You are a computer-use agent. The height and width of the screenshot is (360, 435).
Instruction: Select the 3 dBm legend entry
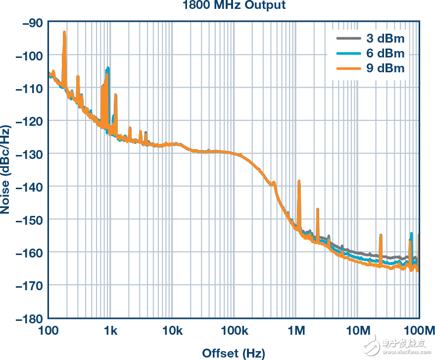pyautogui.click(x=385, y=38)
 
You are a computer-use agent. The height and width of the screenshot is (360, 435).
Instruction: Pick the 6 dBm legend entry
pyautogui.click(x=385, y=53)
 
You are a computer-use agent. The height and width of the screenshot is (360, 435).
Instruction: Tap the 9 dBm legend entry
pyautogui.click(x=385, y=68)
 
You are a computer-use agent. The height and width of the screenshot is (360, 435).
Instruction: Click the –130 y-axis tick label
pyautogui.click(x=29, y=154)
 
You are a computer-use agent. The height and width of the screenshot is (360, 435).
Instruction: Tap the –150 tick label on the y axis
pyautogui.click(x=29, y=219)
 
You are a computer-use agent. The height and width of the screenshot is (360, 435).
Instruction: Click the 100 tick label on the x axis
pyautogui.click(x=49, y=330)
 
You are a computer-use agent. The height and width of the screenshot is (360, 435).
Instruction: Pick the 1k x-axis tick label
pyautogui.click(x=110, y=330)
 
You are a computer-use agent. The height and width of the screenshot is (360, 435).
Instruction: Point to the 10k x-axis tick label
pyautogui.click(x=172, y=330)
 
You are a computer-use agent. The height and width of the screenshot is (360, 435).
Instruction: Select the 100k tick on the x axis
pyautogui.click(x=234, y=330)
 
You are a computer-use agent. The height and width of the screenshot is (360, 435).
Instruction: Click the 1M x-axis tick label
pyautogui.click(x=296, y=330)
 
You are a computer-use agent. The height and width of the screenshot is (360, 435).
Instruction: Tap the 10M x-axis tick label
pyautogui.click(x=358, y=330)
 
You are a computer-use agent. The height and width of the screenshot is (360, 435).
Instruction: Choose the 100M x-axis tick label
pyautogui.click(x=419, y=330)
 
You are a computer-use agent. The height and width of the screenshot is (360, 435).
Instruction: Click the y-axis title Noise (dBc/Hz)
pyautogui.click(x=5, y=170)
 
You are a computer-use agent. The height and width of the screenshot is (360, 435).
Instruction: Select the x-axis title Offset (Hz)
pyautogui.click(x=233, y=353)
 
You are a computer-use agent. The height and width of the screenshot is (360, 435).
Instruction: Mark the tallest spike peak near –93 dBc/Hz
pyautogui.click(x=64, y=32)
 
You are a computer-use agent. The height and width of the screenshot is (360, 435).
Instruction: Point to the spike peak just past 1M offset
pyautogui.click(x=299, y=181)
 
